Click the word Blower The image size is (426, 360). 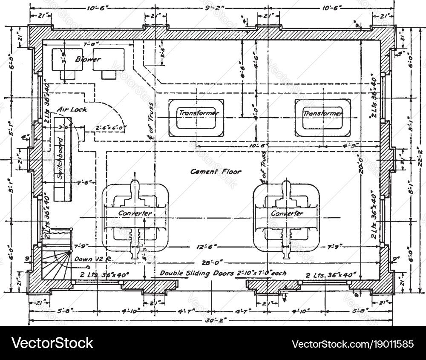tap(88, 60)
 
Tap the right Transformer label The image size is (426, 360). tap(322, 114)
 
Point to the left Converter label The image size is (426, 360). tap(135, 213)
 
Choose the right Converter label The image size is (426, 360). tap(287, 213)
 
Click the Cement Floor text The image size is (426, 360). tap(216, 172)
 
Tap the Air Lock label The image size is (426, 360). tap(72, 109)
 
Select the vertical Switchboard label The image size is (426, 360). tap(60, 158)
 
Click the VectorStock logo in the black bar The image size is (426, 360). tap(52, 343)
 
